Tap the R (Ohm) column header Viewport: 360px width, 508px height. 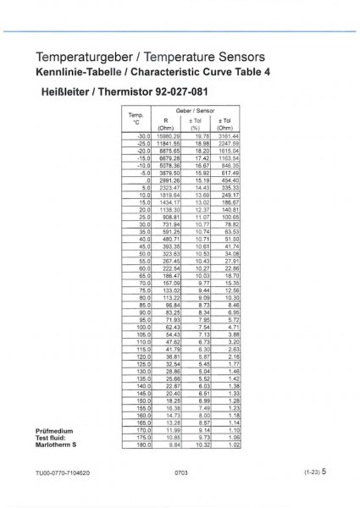pyautogui.click(x=165, y=124)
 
